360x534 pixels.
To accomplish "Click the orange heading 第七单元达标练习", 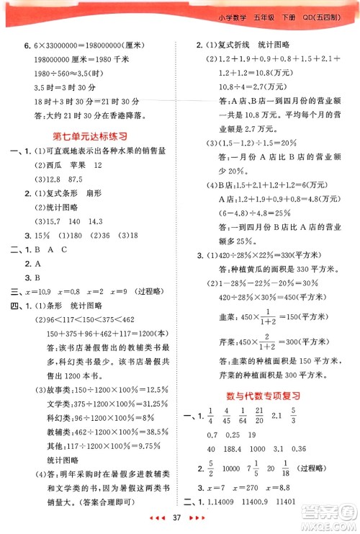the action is pyautogui.click(x=91, y=136).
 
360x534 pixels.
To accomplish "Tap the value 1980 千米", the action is pyautogui.click(x=110, y=61).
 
